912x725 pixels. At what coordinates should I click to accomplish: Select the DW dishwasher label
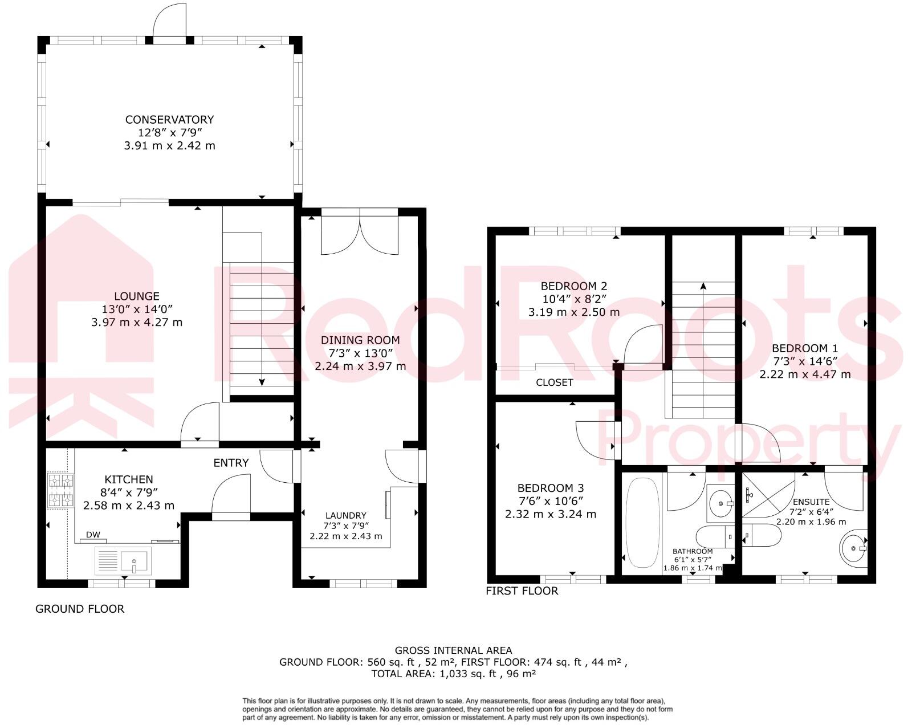pos(93,535)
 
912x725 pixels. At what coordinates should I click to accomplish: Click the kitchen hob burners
pos(60,490)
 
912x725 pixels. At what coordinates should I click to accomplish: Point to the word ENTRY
pos(231,463)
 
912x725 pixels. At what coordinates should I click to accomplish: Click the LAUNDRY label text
pos(345,515)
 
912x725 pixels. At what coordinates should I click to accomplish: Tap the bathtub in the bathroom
pos(642,522)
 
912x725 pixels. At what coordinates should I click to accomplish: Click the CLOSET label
pos(554,382)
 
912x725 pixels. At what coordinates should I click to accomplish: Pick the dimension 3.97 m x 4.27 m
pos(137,322)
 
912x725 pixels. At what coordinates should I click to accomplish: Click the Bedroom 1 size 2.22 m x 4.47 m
pos(805,374)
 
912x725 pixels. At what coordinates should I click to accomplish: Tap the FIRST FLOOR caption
pos(522,591)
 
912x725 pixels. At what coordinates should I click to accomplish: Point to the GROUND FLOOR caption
pos(80,609)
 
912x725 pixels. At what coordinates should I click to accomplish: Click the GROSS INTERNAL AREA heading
pos(453,650)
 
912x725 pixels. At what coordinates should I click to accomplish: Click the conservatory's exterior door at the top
pos(170,23)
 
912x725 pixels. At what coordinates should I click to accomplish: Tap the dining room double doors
pos(359,234)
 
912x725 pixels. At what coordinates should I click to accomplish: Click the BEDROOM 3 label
pos(550,488)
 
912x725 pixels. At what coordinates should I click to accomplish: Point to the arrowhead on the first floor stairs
pos(703,286)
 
